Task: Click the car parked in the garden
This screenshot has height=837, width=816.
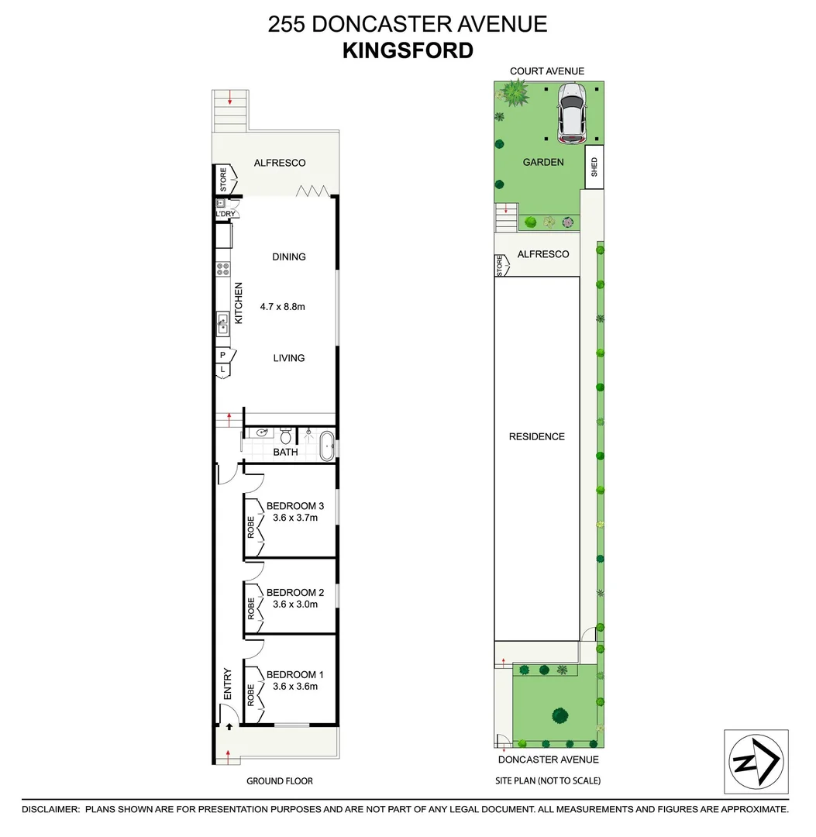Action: [572, 114]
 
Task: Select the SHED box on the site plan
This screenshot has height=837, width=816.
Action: [594, 167]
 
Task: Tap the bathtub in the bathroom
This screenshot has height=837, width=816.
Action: [327, 447]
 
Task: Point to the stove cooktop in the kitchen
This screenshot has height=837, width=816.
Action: [222, 269]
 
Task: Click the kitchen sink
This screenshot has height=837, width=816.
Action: [222, 322]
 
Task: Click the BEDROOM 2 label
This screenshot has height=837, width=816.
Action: [294, 593]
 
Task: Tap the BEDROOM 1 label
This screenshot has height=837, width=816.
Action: [294, 674]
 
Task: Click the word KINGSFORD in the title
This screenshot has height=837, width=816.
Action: [408, 50]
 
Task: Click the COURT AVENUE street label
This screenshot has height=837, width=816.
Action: [546, 71]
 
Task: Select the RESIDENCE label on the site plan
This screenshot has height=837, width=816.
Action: [536, 436]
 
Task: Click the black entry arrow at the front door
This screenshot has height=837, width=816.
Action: [229, 727]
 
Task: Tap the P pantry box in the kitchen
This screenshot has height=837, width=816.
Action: [223, 355]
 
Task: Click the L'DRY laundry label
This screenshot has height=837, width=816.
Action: [225, 214]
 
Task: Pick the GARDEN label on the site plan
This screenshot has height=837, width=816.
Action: [542, 162]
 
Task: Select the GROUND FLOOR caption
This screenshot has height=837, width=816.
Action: [279, 781]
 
